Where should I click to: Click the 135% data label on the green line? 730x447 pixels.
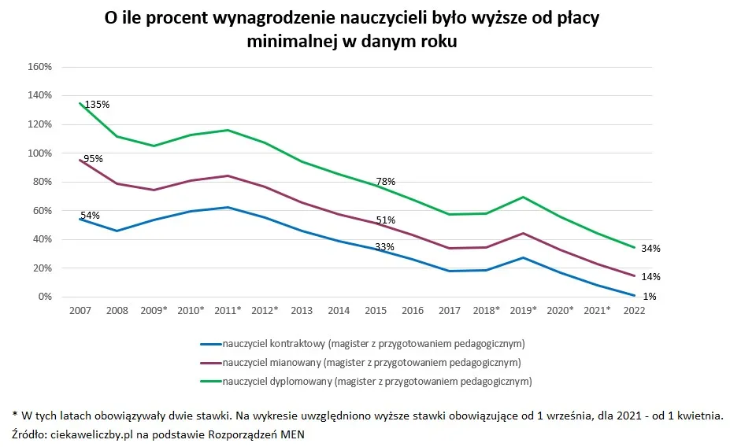(x=97, y=104)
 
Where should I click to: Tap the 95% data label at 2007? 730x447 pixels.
(x=93, y=158)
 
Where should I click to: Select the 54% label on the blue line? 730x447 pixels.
(x=90, y=216)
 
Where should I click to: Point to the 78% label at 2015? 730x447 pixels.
(x=385, y=182)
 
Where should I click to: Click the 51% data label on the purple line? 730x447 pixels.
(x=385, y=220)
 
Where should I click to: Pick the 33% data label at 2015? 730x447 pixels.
(x=384, y=247)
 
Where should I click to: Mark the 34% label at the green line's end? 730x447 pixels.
(x=650, y=249)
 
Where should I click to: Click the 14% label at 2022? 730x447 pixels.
(x=650, y=277)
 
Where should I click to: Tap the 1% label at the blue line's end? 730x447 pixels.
(x=650, y=297)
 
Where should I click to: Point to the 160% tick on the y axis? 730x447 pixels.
(x=39, y=67)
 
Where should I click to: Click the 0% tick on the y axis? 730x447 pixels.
(x=44, y=297)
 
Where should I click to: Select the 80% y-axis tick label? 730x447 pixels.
(x=42, y=182)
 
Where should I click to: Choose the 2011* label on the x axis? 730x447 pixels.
(x=228, y=311)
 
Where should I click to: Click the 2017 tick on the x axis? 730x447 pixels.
(x=449, y=311)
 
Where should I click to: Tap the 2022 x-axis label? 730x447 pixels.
(x=634, y=311)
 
